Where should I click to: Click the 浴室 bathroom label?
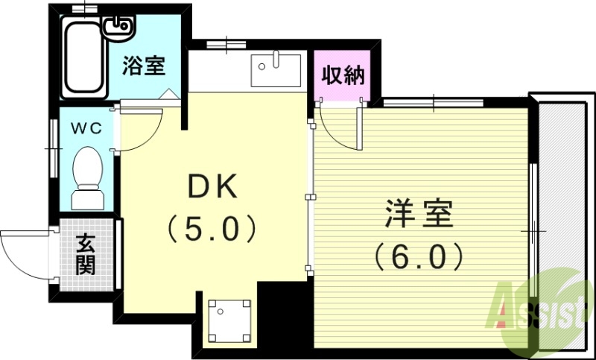pos(144,65)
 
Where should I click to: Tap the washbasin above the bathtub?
pos(118,28)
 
